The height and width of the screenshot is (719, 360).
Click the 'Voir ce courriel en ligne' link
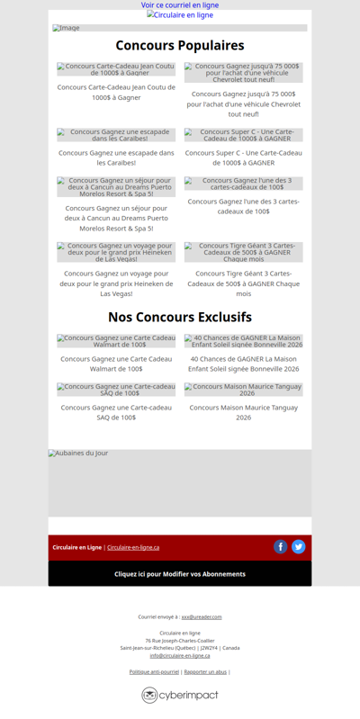[x=180, y=5]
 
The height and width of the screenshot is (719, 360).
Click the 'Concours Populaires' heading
[x=180, y=46]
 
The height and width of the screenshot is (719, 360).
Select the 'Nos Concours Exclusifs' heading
[x=180, y=317]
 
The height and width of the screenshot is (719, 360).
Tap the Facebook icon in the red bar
[x=281, y=546]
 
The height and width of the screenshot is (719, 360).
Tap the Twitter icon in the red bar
[x=299, y=546]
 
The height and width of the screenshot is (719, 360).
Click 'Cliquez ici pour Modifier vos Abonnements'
[x=180, y=573]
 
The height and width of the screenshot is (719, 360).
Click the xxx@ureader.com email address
[x=202, y=617]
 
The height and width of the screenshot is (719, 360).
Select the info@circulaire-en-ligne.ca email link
[x=180, y=655]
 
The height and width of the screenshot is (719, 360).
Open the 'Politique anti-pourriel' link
[x=154, y=671]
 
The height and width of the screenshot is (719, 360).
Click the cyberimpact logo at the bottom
[x=180, y=695]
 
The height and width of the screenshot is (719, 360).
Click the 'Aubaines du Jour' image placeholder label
[x=79, y=454]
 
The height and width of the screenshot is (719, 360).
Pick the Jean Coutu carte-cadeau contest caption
[x=116, y=92]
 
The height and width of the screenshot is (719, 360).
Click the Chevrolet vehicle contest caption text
[x=244, y=103]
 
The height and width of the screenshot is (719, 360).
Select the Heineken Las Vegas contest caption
[x=116, y=283]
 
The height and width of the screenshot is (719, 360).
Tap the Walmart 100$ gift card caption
[x=116, y=364]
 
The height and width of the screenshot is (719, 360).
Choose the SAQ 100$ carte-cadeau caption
[x=116, y=412]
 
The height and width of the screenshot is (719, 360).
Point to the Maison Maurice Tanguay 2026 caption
[x=244, y=412]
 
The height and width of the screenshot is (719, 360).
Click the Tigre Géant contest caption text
[x=244, y=283]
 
